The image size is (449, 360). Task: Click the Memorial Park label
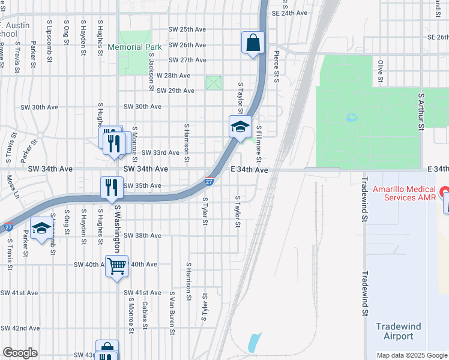(134, 47)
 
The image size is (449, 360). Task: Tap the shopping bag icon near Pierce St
(253, 43)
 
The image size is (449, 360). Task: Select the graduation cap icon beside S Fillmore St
(240, 127)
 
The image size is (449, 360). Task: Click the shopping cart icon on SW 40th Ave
(116, 265)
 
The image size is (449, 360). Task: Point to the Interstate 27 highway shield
(208, 180)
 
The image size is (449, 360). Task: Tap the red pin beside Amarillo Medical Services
(444, 192)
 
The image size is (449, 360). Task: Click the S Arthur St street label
(421, 111)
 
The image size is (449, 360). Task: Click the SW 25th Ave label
(187, 29)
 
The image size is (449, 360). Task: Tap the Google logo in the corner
(20, 353)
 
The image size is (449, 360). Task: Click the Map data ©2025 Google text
(412, 355)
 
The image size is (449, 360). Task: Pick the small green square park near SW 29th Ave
(214, 83)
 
